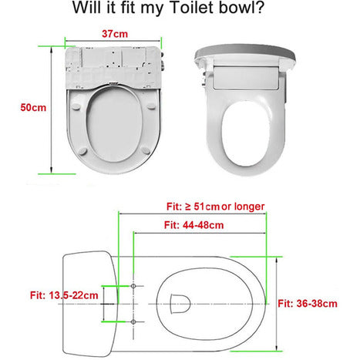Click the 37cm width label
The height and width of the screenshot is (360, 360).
pyautogui.click(x=115, y=34)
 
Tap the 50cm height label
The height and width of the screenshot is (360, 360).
pyautogui.click(x=33, y=107)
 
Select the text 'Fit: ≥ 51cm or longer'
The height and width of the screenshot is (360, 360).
pyautogui.click(x=215, y=207)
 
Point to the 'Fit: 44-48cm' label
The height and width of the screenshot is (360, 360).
pyautogui.click(x=193, y=225)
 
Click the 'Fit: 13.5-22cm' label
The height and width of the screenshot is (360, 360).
pyautogui.click(x=64, y=295)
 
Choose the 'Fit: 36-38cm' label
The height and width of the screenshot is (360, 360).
pyautogui.click(x=308, y=304)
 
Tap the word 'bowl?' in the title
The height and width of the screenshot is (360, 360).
pyautogui.click(x=241, y=7)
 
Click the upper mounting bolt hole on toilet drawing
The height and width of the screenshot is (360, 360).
pyautogui.click(x=133, y=286)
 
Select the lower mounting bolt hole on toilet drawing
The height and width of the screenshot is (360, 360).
pyautogui.click(x=133, y=321)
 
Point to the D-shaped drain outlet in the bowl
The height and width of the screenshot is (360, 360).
pyautogui.click(x=180, y=304)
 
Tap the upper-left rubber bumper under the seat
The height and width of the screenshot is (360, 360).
pyautogui.click(x=77, y=106)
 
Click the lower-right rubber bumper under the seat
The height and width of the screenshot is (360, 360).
pyautogui.click(x=146, y=150)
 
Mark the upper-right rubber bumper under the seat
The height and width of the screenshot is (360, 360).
pyautogui.click(x=151, y=106)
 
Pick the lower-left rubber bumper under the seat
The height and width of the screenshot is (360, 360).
pyautogui.click(x=82, y=151)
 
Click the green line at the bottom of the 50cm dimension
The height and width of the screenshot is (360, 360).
pyautogui.click(x=57, y=174)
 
